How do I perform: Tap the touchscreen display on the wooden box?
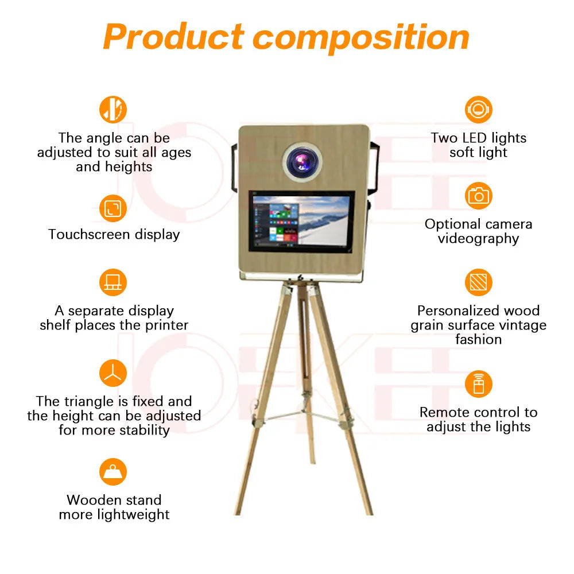(301, 221)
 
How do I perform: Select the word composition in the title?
(362, 37)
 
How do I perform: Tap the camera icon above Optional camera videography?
(478, 196)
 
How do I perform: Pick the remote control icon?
(478, 384)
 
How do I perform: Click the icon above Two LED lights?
(478, 109)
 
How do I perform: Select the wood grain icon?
(478, 283)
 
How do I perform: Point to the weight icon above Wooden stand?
(113, 472)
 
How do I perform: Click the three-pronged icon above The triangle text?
(113, 374)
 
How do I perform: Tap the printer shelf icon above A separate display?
(113, 283)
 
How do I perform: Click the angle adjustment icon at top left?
(113, 109)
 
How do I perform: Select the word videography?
(478, 239)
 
